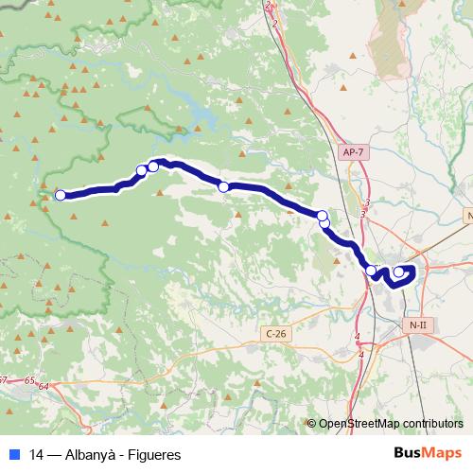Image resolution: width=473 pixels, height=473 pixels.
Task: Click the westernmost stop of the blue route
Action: (61, 195)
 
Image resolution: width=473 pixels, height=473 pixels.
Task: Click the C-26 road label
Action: (275, 333)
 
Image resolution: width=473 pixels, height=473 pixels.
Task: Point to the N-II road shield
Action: (417, 324)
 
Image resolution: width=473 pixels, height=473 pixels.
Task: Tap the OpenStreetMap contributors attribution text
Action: (390, 424)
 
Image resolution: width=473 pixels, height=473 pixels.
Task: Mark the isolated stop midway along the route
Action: (224, 186)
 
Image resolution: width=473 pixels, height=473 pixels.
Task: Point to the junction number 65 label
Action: (30, 380)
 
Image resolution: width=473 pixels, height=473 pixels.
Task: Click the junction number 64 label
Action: (44, 384)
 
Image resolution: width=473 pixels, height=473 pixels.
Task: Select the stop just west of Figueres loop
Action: (372, 271)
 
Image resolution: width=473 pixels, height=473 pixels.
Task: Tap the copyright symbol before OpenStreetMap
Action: (312, 424)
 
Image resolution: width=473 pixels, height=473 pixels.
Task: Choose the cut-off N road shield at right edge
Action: (468, 217)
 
